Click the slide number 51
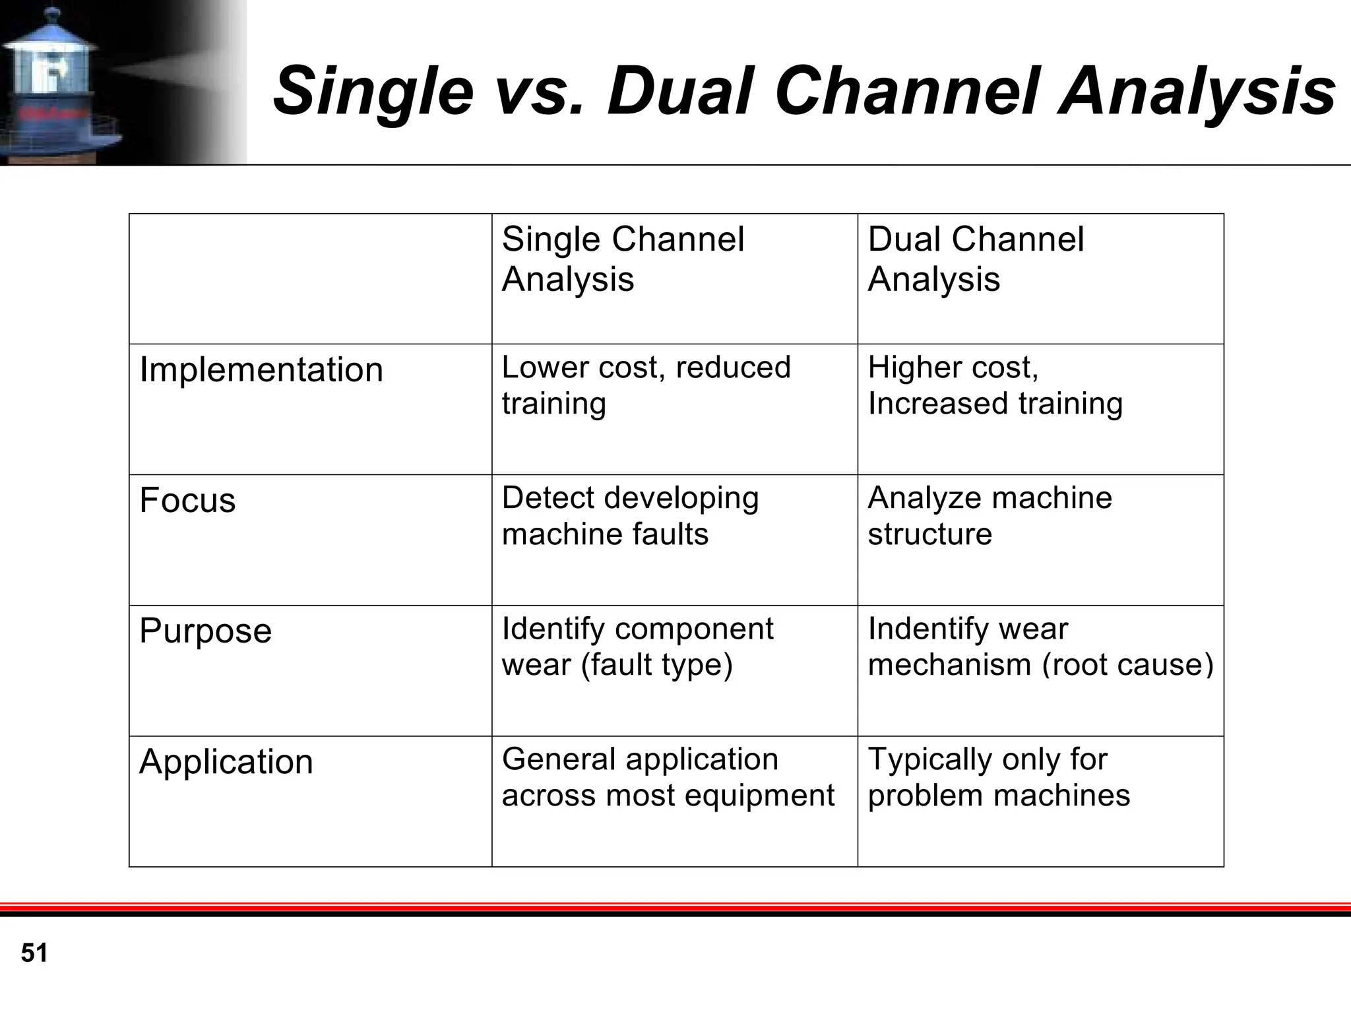(34, 953)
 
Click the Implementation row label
(261, 369)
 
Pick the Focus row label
(187, 500)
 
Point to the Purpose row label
(205, 631)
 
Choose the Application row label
(226, 761)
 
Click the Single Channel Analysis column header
(622, 259)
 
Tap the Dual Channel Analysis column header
(975, 259)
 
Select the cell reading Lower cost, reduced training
(645, 385)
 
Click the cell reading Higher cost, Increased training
(994, 385)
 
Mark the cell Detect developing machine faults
(630, 516)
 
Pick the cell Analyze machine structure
(989, 516)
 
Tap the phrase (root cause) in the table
(1127, 664)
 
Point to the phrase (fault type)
(656, 664)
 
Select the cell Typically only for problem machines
(998, 777)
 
